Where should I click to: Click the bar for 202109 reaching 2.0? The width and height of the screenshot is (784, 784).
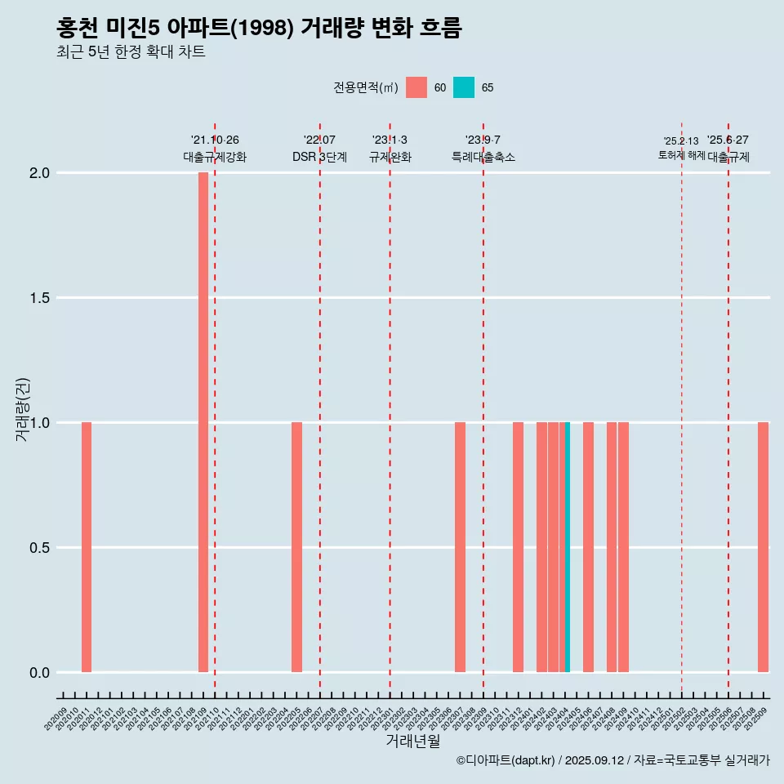203,422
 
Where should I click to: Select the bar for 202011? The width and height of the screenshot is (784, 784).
87,547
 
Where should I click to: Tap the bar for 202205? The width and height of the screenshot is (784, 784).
296,547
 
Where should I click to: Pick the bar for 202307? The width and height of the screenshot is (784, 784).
460,547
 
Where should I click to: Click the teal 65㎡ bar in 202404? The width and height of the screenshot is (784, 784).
568,547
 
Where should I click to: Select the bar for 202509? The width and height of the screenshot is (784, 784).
763,547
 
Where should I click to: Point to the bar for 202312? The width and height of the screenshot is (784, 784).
518,547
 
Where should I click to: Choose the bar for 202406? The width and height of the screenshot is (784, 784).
588,547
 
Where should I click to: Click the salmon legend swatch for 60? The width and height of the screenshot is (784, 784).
416,87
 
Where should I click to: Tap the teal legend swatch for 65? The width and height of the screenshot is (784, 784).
464,87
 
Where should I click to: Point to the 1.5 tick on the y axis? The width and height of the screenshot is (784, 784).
39,298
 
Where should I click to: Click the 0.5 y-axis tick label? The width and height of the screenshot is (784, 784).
39,548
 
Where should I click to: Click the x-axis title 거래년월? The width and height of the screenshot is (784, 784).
412,742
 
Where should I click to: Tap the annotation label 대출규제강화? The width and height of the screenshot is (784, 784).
214,157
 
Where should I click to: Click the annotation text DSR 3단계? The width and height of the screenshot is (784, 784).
319,157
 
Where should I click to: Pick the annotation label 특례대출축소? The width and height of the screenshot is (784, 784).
483,157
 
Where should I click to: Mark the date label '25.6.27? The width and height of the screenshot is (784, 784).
728,140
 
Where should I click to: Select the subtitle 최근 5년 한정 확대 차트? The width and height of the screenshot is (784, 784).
131,52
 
